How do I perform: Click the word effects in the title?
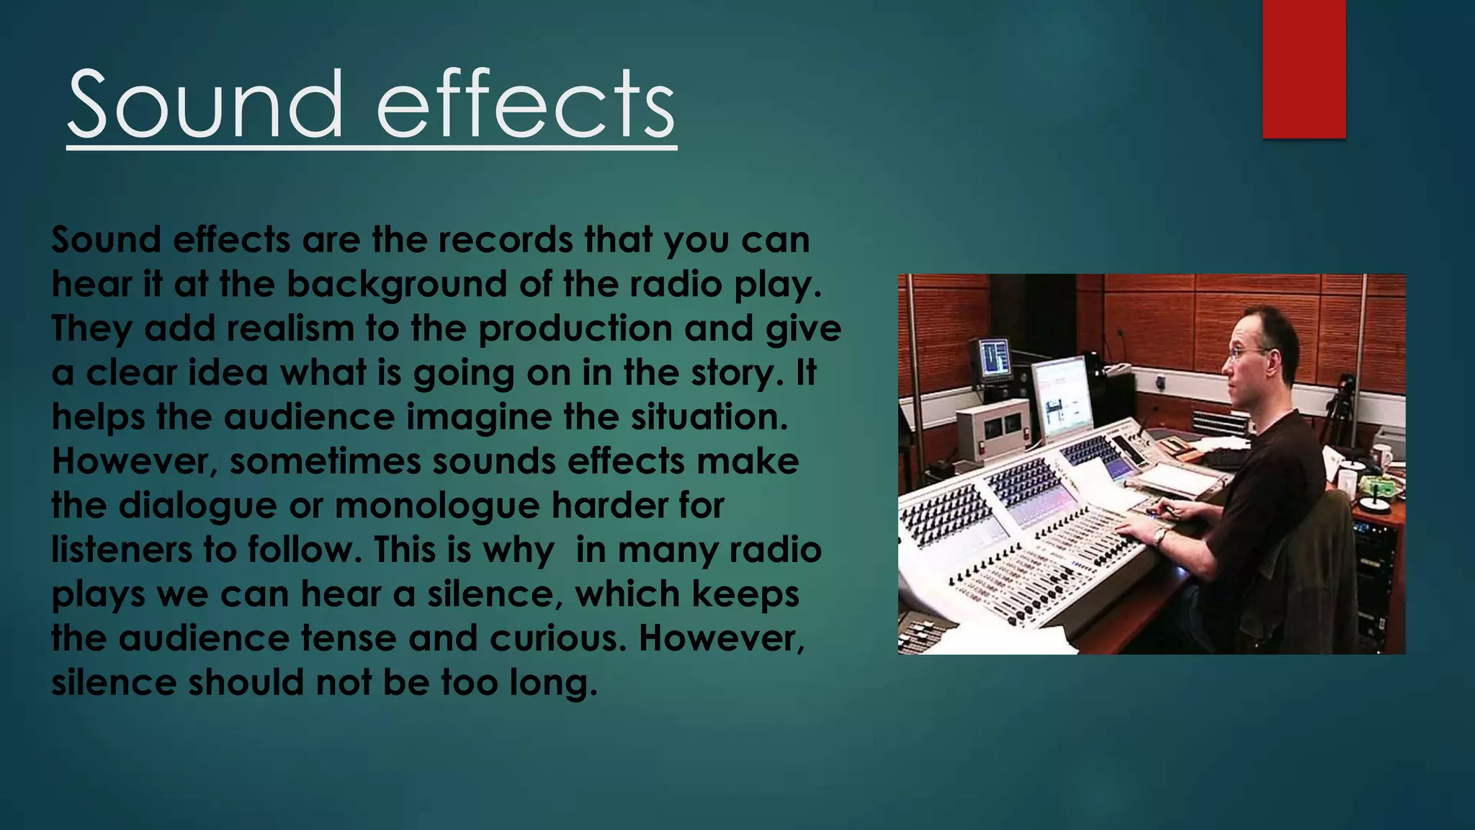pyautogui.click(x=526, y=105)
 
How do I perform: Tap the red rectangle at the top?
pyautogui.click(x=1304, y=68)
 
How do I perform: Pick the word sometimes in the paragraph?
pyautogui.click(x=325, y=462)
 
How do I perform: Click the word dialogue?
pyautogui.click(x=197, y=506)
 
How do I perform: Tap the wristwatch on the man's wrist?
pyautogui.click(x=1159, y=535)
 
